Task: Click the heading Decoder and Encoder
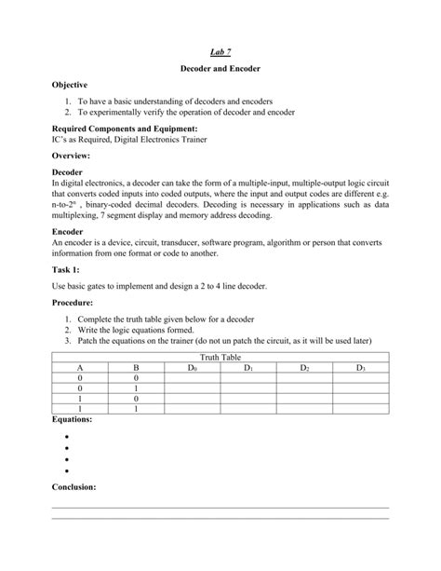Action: click(x=220, y=71)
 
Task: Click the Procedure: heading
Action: click(x=76, y=304)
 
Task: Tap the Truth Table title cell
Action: click(x=220, y=358)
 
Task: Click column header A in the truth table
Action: click(x=81, y=368)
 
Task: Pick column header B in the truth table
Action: click(x=136, y=368)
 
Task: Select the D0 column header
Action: click(x=193, y=368)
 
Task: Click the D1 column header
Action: click(x=248, y=368)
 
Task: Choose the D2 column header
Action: click(x=305, y=368)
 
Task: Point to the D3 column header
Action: click(x=361, y=368)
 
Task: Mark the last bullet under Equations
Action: click(x=68, y=470)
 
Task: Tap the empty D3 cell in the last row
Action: click(x=361, y=408)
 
